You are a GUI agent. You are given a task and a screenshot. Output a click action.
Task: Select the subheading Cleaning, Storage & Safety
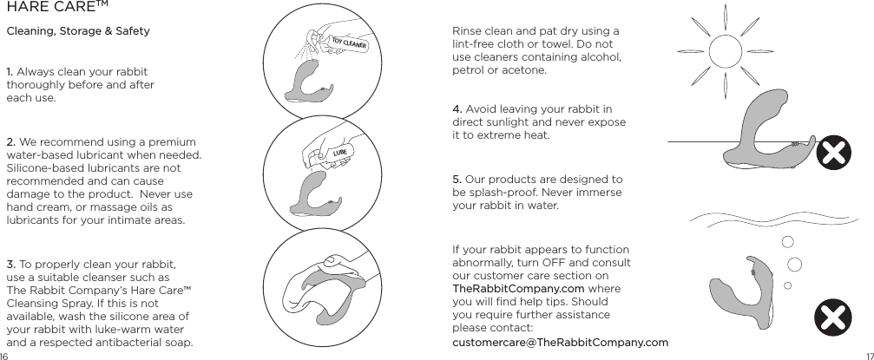(x=78, y=32)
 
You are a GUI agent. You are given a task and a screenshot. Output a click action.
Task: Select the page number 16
(x=4, y=356)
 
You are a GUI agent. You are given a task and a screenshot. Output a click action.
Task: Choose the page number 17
(x=869, y=356)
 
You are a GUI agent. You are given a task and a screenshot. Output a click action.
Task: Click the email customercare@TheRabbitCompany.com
(x=560, y=343)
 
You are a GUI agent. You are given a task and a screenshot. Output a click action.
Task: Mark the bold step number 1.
(x=10, y=71)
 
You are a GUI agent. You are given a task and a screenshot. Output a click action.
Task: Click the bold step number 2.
(x=10, y=142)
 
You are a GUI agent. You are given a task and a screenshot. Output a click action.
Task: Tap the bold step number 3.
(x=10, y=264)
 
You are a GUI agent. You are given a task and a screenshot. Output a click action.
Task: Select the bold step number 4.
(x=457, y=109)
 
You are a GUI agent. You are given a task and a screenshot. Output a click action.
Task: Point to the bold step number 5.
(x=457, y=180)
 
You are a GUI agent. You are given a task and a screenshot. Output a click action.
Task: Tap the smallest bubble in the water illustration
(x=787, y=285)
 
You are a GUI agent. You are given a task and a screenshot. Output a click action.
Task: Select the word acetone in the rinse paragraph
(x=524, y=70)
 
